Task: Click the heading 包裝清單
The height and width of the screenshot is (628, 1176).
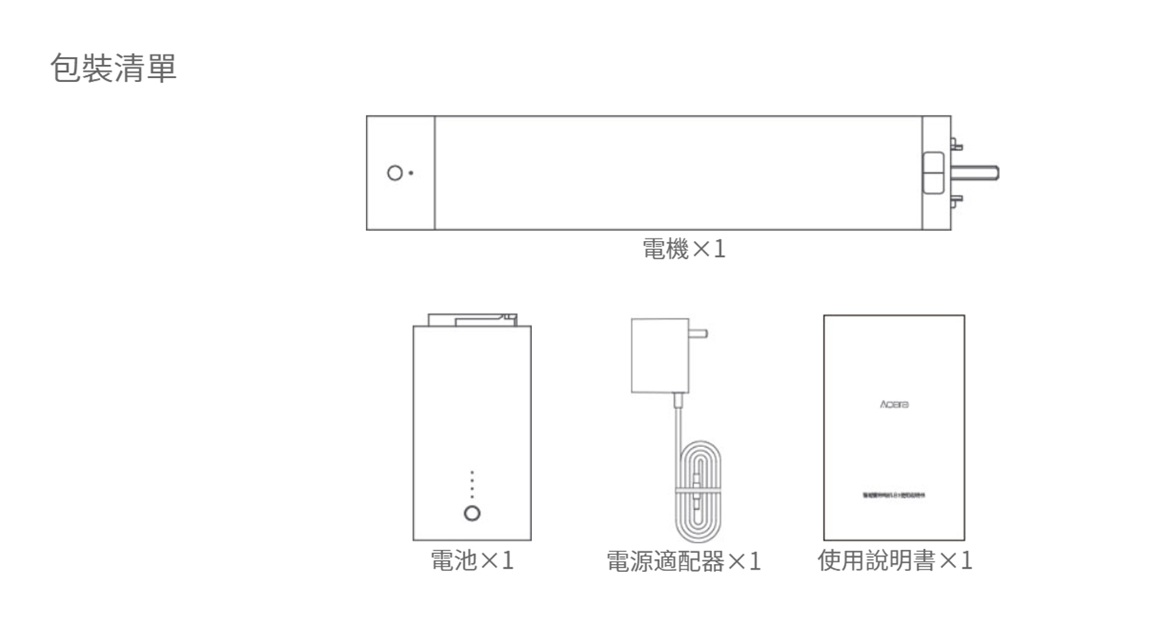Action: (x=113, y=68)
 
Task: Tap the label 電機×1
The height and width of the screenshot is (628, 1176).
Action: (x=683, y=250)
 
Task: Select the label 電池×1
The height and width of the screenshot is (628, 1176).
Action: (x=472, y=560)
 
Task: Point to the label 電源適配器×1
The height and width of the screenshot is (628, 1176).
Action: (x=683, y=561)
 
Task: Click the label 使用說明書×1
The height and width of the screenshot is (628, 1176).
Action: (x=894, y=560)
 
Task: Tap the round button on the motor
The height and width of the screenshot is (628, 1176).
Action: (x=395, y=173)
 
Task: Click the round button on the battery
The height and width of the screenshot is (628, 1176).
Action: (x=472, y=513)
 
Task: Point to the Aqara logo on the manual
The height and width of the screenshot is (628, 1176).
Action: (x=894, y=404)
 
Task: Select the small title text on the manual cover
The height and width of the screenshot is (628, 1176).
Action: (x=894, y=495)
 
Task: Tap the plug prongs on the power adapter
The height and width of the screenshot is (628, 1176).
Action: (x=698, y=333)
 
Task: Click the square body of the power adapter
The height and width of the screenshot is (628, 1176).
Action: (x=660, y=355)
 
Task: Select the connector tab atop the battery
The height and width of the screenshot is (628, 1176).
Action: (x=472, y=319)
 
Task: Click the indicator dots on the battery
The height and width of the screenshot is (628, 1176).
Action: (x=472, y=484)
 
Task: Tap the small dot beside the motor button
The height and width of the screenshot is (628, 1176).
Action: (x=411, y=174)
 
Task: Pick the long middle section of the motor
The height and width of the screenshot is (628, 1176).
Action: (x=678, y=173)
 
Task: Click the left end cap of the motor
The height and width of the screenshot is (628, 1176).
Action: (x=400, y=173)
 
